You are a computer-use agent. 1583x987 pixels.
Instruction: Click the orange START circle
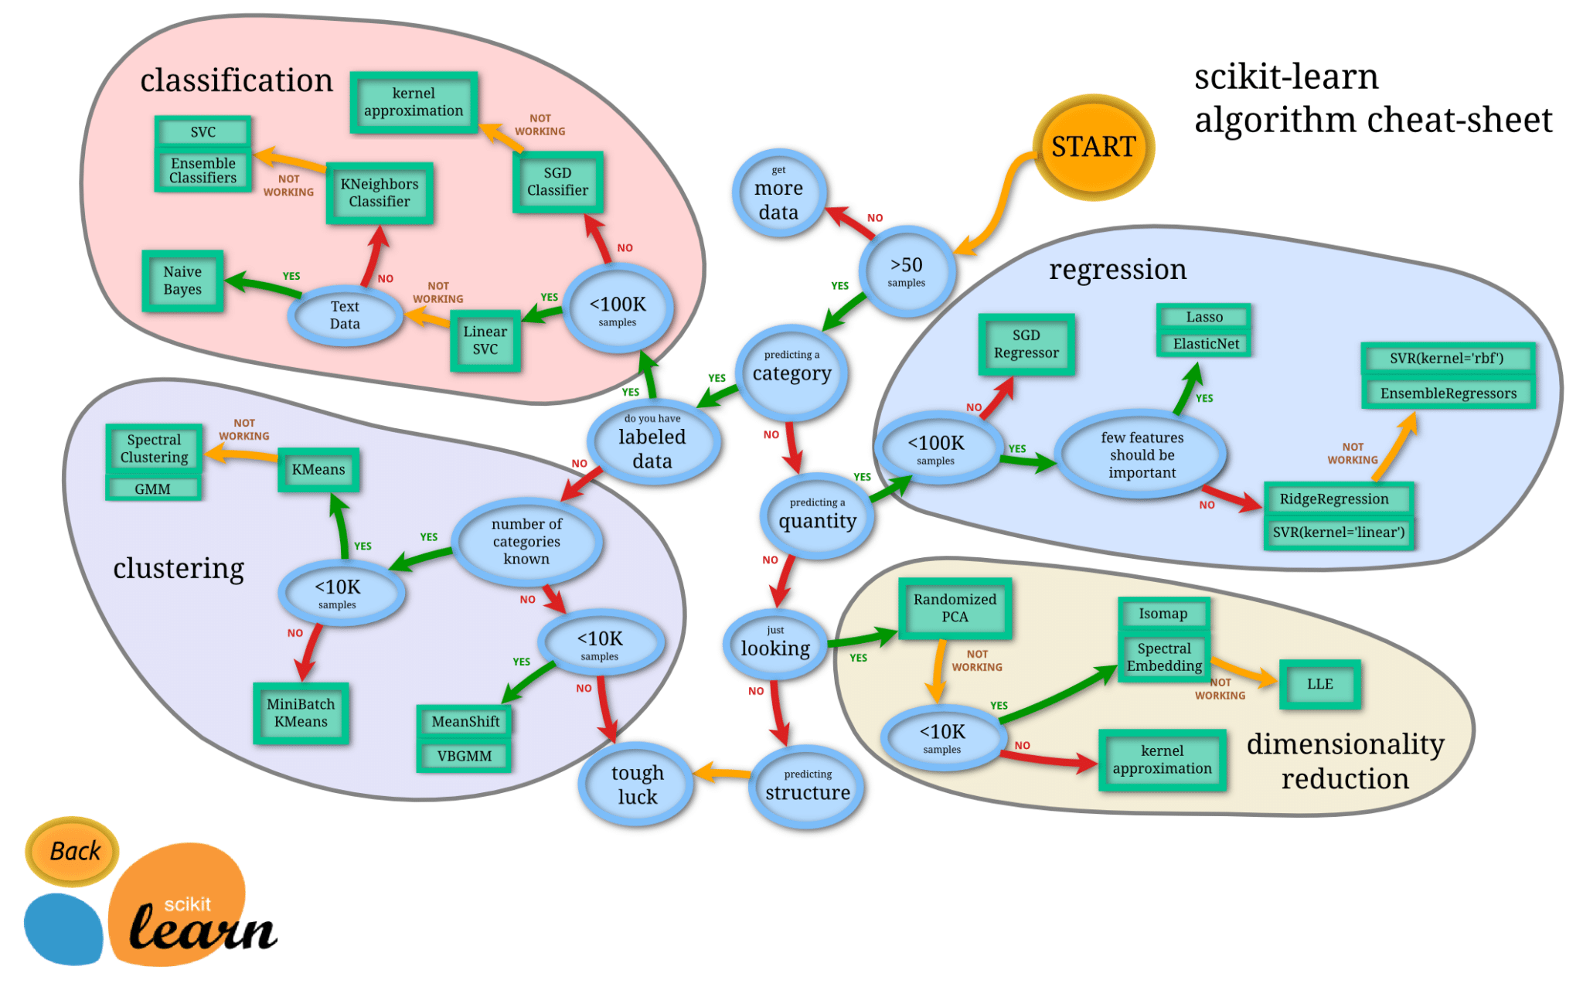point(1093,147)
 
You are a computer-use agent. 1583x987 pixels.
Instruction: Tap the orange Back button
point(73,851)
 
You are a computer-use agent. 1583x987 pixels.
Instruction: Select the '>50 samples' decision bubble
point(907,271)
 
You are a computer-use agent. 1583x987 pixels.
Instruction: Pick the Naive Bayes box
point(182,281)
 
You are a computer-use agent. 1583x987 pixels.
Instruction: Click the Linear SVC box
point(485,340)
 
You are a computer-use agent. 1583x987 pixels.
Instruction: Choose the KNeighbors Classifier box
point(379,192)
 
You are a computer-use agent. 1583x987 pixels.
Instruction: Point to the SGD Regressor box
point(1026,344)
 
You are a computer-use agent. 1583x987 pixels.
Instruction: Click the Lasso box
point(1203,317)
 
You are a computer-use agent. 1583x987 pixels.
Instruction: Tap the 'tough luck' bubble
point(637,784)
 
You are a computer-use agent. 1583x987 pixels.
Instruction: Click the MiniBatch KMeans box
point(301,713)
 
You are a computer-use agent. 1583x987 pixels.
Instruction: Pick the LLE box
point(1319,684)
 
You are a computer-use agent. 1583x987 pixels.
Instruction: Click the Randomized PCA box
point(955,608)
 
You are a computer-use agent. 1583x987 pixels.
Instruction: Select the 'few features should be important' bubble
point(1142,454)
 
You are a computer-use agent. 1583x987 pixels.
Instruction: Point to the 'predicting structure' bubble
point(807,786)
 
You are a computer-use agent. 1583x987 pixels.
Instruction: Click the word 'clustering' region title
point(179,568)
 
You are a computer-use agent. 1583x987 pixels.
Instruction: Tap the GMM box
point(152,488)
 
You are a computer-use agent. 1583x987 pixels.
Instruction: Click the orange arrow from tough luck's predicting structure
point(720,772)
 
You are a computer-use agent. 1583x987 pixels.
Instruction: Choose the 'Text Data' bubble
point(345,315)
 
